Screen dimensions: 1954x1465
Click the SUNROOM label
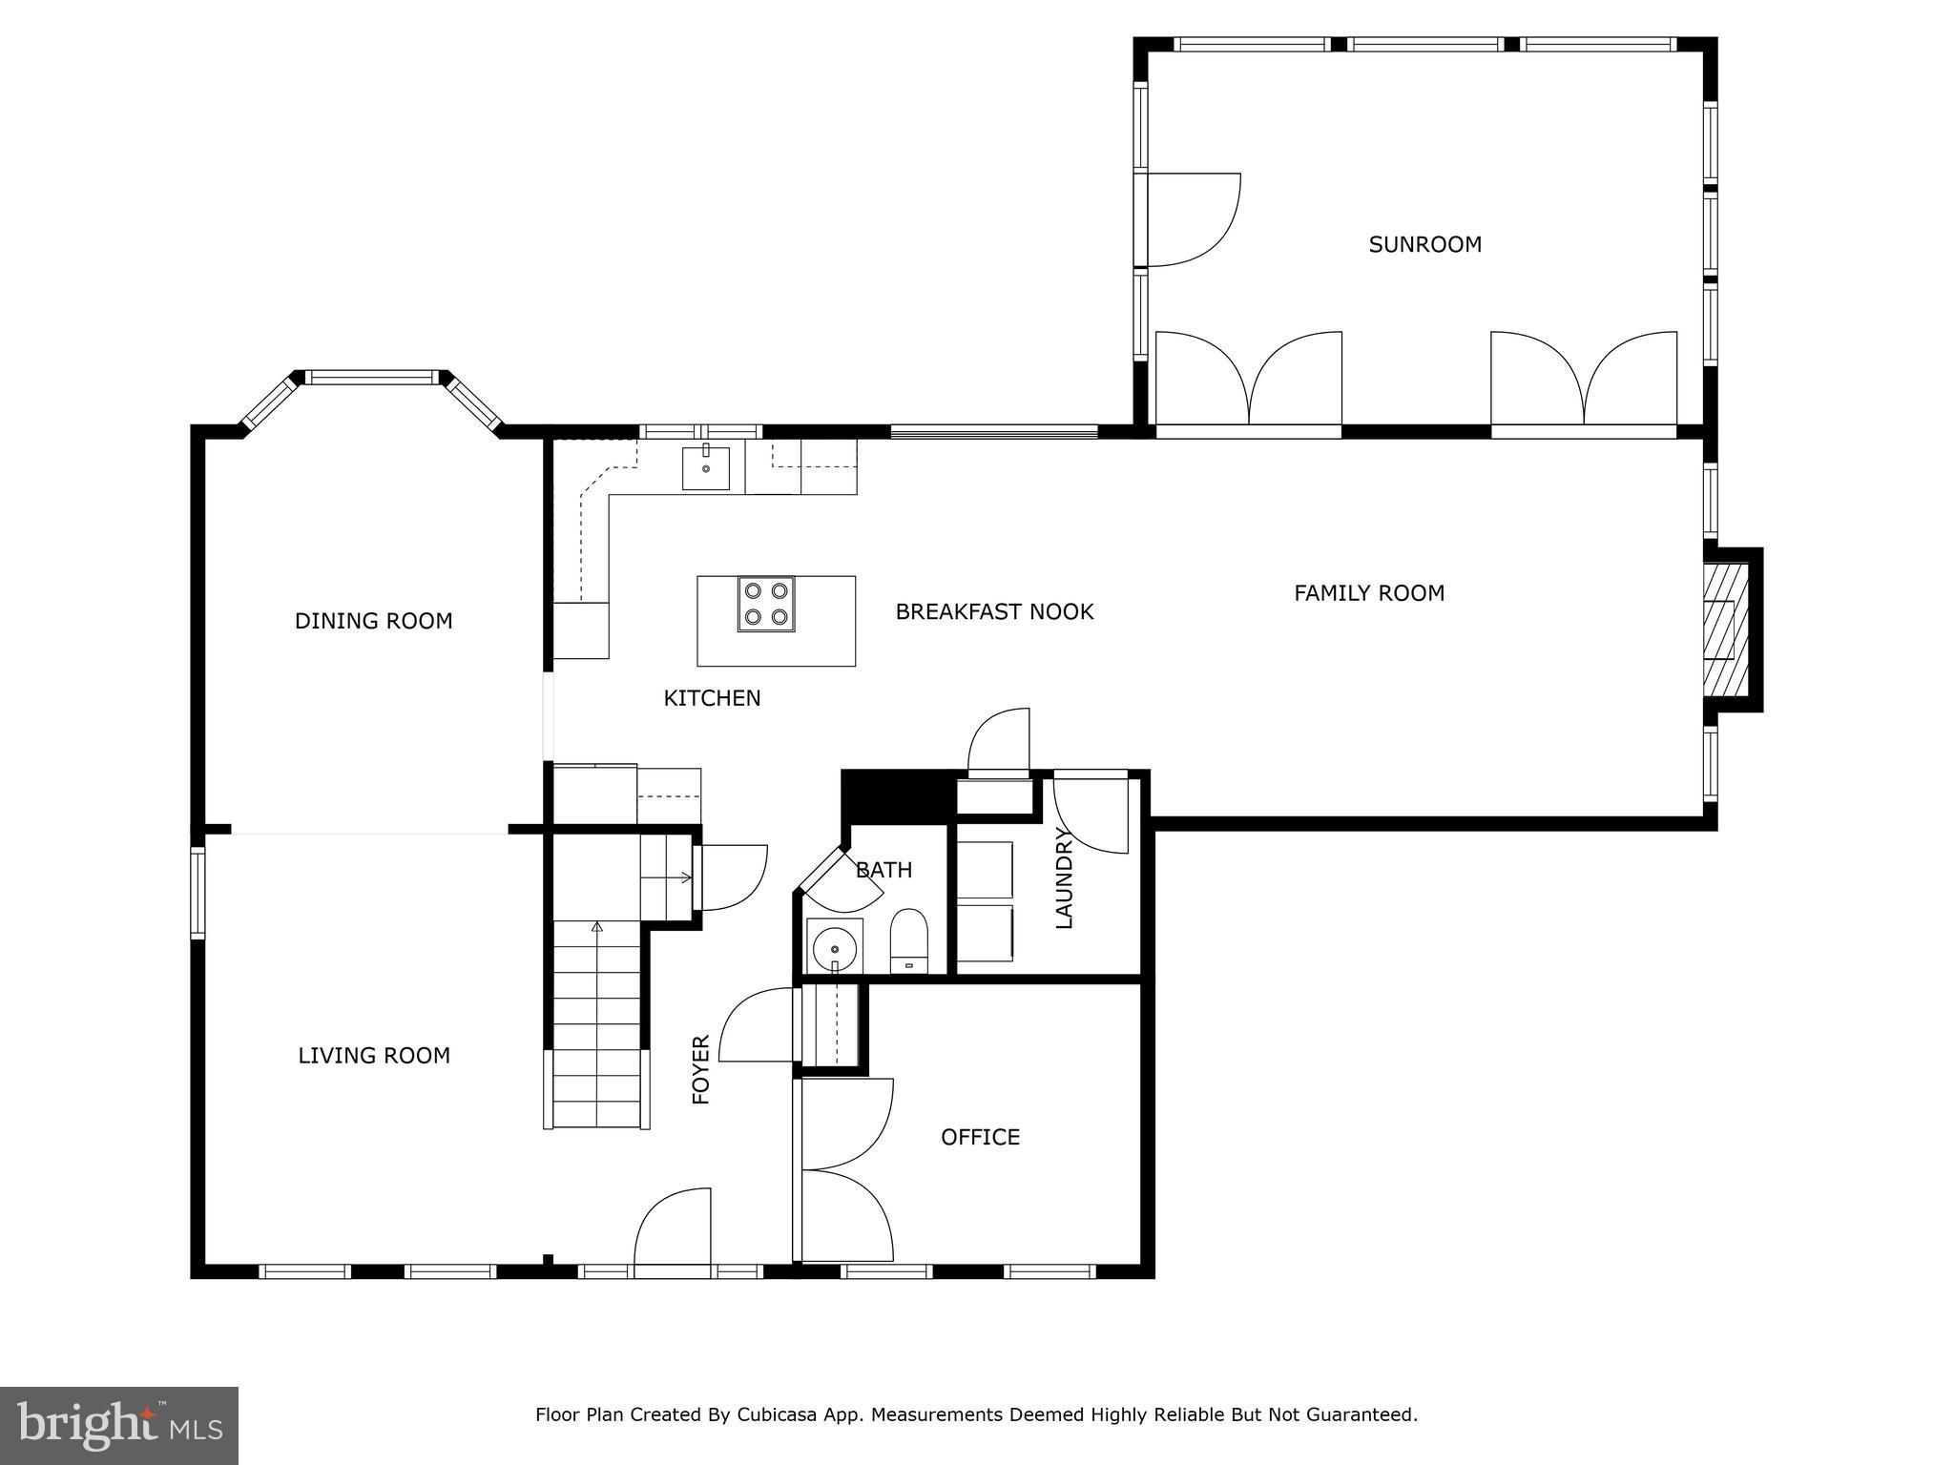[x=1424, y=245]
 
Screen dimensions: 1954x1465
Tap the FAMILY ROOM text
[x=1369, y=593]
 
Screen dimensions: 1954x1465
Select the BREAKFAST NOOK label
[x=994, y=612]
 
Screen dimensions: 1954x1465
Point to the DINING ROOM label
[x=373, y=622]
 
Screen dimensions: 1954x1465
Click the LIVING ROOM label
[x=374, y=1056]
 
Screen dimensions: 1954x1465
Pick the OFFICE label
[x=980, y=1137]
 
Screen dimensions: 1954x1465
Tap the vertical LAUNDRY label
[x=1065, y=878]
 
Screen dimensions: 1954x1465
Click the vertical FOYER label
[x=701, y=1070]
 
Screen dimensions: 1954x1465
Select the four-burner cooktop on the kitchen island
[x=765, y=605]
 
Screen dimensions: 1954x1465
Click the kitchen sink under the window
[x=706, y=467]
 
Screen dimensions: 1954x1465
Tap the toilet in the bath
[x=908, y=940]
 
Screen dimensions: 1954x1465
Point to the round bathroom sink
[x=835, y=948]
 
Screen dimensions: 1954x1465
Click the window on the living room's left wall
[x=197, y=893]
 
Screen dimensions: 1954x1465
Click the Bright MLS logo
[x=119, y=1426]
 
